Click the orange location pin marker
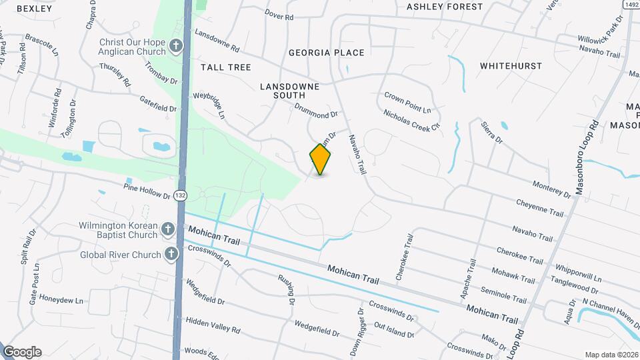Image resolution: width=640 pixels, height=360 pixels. [321, 159]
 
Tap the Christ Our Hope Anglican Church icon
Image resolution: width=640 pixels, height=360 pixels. [176, 46]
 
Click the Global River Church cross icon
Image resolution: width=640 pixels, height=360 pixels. [171, 254]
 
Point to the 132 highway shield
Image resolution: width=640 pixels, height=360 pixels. [180, 195]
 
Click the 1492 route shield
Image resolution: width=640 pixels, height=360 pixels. [631, 4]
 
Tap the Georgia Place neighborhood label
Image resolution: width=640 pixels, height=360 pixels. [326, 53]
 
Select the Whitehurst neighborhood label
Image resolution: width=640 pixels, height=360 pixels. [511, 66]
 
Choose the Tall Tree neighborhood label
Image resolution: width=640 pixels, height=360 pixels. [225, 67]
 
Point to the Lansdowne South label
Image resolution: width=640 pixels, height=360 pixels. [289, 91]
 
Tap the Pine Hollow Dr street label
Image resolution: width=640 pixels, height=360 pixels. [147, 187]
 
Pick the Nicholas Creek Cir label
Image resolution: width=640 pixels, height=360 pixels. [412, 120]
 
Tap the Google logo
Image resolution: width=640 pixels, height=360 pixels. [22, 352]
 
